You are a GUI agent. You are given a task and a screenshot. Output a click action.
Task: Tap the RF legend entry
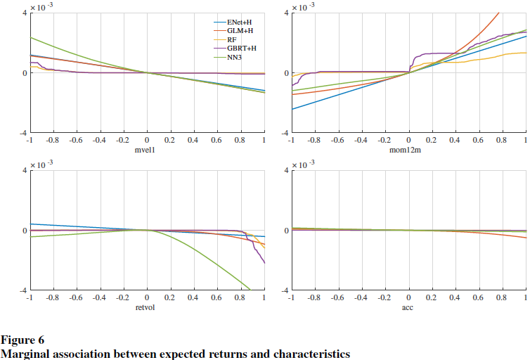click(x=232, y=40)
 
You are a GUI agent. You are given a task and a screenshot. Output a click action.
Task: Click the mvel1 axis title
click(x=146, y=150)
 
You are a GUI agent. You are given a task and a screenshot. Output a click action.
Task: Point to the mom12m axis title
click(x=408, y=150)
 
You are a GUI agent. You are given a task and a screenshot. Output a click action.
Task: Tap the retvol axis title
click(x=146, y=308)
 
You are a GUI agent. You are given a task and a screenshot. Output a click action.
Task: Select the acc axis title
click(x=408, y=308)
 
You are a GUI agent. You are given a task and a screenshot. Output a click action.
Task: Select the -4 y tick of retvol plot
click(x=22, y=290)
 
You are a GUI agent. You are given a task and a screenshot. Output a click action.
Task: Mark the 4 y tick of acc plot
click(x=285, y=171)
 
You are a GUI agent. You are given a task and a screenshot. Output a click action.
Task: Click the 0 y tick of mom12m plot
click(x=285, y=73)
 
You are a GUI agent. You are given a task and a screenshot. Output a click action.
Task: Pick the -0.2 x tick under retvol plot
click(x=122, y=298)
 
